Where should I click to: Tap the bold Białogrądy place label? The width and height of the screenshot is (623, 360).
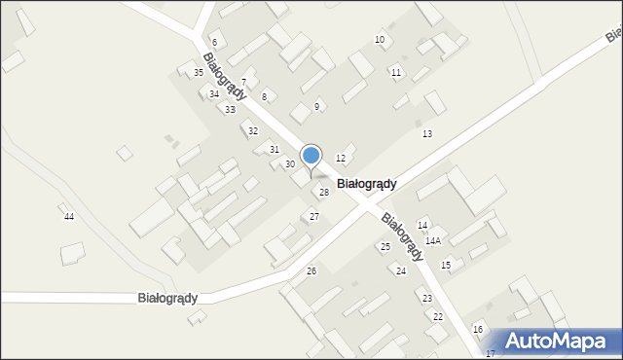[366, 183]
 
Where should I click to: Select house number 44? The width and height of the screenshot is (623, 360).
[68, 216]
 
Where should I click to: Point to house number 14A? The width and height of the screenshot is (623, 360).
[433, 240]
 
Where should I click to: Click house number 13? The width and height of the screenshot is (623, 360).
[427, 133]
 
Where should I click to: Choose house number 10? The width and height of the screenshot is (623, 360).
[380, 39]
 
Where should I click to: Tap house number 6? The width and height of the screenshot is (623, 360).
[214, 43]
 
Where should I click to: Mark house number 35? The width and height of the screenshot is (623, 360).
[199, 73]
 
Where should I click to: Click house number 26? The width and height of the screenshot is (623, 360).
[311, 270]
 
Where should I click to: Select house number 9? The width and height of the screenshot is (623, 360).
[316, 106]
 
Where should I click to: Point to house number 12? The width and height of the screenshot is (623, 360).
[341, 158]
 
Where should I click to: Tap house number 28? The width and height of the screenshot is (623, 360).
[324, 193]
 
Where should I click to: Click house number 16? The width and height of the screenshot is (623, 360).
[478, 330]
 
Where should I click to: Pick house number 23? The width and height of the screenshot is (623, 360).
[426, 298]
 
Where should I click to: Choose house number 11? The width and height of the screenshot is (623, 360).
[395, 73]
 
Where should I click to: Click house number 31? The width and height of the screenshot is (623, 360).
[275, 149]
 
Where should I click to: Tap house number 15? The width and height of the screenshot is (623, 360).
[446, 265]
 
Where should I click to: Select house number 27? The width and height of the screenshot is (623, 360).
[314, 216]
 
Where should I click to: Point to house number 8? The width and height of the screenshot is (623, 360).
[264, 97]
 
